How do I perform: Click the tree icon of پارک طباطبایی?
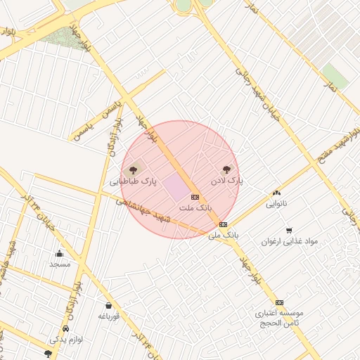(x=131, y=169)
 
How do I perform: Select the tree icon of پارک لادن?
(x=226, y=169)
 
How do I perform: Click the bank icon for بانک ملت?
(x=195, y=197)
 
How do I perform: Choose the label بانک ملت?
(x=195, y=208)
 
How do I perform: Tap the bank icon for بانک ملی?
(x=224, y=224)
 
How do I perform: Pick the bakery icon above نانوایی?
(x=276, y=193)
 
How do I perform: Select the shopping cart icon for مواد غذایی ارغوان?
(x=289, y=230)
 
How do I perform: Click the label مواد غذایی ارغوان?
(x=290, y=241)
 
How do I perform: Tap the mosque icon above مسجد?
(x=59, y=254)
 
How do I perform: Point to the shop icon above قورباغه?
(x=109, y=305)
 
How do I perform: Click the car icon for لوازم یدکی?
(x=66, y=328)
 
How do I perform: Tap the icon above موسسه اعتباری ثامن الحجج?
(x=279, y=302)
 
